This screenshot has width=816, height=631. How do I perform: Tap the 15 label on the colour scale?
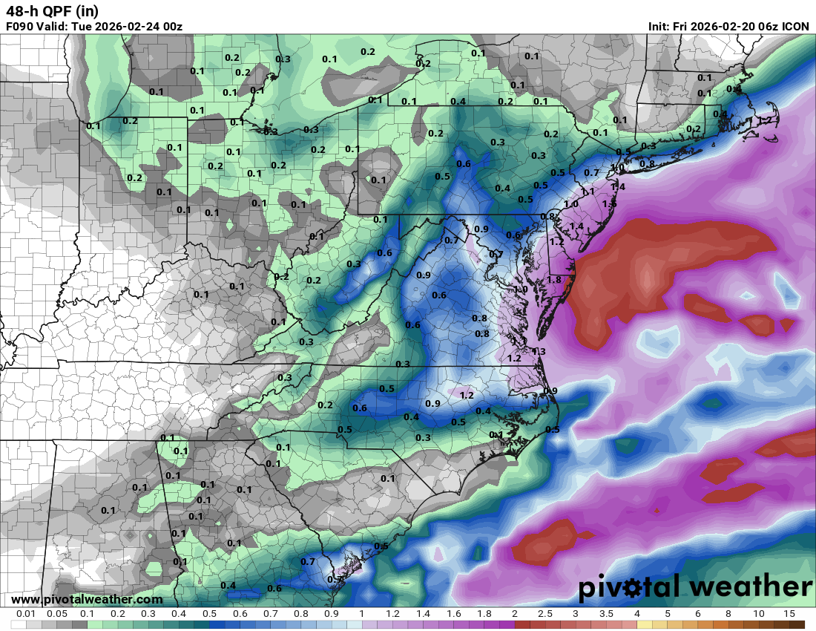coord(789,614)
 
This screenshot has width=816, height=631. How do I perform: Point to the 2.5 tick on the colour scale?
coord(545,614)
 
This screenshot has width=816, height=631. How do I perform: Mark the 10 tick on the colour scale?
coord(759,614)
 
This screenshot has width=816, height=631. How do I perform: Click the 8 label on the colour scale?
coord(728,614)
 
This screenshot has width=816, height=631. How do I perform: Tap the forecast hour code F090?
coord(20,27)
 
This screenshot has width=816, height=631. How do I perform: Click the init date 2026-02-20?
coord(715,27)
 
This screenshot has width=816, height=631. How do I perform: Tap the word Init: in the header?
coord(659,27)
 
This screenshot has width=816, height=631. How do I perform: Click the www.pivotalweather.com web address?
coord(87,599)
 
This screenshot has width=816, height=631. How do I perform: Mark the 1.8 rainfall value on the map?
coord(554,279)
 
